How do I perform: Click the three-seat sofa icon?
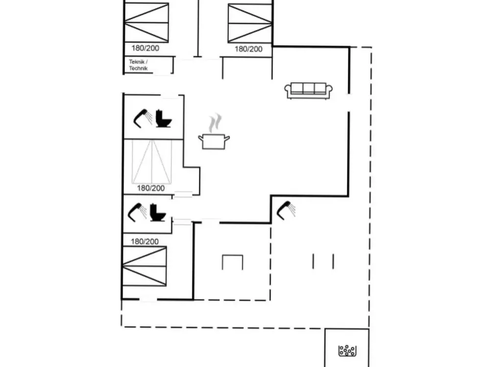(308, 91)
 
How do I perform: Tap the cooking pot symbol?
(214, 141)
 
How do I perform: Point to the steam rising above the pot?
(215, 123)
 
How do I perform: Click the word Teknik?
(137, 62)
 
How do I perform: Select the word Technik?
(138, 68)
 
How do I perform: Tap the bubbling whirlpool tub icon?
(347, 350)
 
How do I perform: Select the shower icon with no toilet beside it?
(286, 210)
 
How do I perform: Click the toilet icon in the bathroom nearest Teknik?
(164, 118)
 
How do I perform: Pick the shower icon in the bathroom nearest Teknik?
(143, 118)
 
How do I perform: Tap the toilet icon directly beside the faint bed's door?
(157, 212)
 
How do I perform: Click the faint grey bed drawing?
(151, 161)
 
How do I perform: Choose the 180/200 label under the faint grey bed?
(151, 188)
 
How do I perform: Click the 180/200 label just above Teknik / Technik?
(146, 48)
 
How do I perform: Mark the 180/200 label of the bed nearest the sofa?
(248, 49)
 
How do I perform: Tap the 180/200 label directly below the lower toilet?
(145, 241)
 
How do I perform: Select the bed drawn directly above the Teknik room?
(147, 23)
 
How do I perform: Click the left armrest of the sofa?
(288, 91)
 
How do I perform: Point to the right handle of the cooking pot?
(227, 138)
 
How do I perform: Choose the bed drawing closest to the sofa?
(250, 23)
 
